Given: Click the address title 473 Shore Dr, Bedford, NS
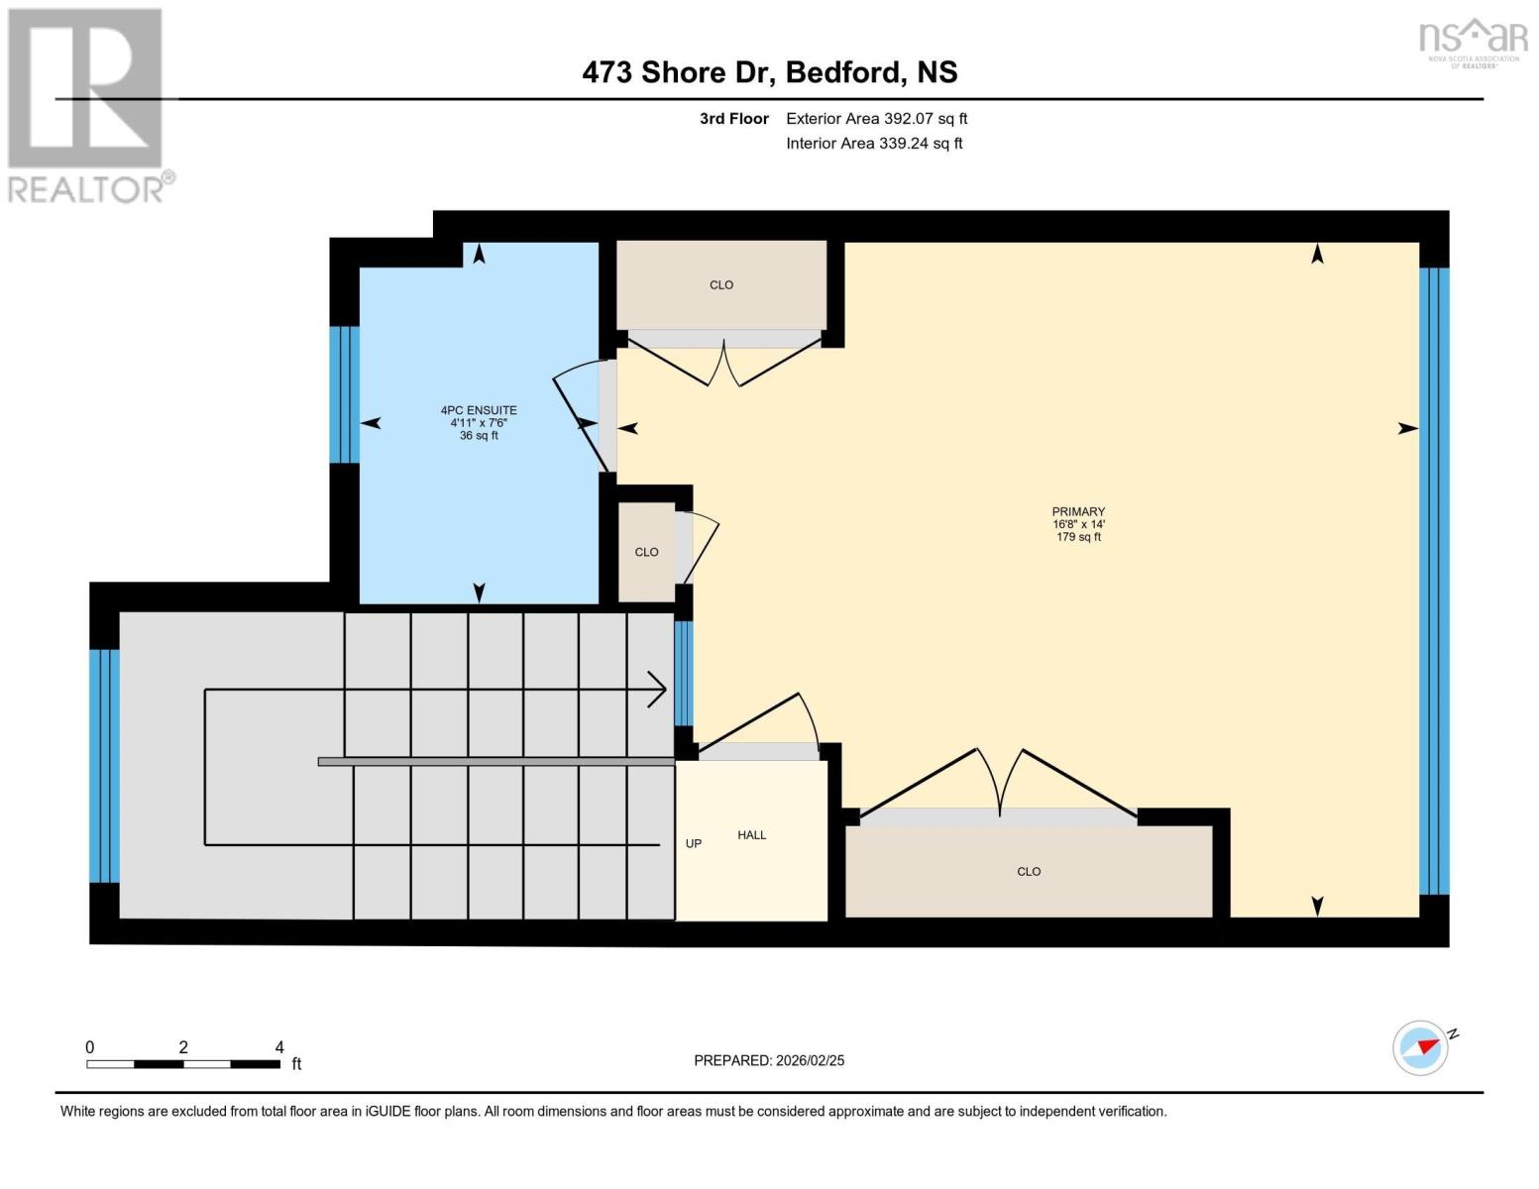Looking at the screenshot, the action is (769, 72).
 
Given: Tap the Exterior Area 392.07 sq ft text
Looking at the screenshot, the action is (876, 119).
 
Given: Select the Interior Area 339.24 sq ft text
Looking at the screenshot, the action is (874, 144).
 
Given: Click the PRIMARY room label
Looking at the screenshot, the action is (1078, 512).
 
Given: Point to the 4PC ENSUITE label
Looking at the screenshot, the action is (479, 410).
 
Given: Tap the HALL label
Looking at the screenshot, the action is (751, 835).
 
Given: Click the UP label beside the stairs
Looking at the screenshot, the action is (694, 844).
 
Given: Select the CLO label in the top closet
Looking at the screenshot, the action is (721, 285).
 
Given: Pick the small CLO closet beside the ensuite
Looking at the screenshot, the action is (646, 553).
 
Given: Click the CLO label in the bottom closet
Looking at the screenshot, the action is (1029, 872).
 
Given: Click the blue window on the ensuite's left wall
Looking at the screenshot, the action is (344, 394).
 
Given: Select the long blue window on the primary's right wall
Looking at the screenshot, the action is (1434, 581).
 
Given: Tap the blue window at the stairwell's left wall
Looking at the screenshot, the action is (104, 765).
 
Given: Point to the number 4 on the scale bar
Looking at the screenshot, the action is (279, 1047).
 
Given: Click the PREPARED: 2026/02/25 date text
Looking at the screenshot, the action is (769, 1060).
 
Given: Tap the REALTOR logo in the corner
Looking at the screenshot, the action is (87, 105).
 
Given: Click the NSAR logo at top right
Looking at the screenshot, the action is (1474, 42).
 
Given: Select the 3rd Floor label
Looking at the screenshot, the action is (734, 119).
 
